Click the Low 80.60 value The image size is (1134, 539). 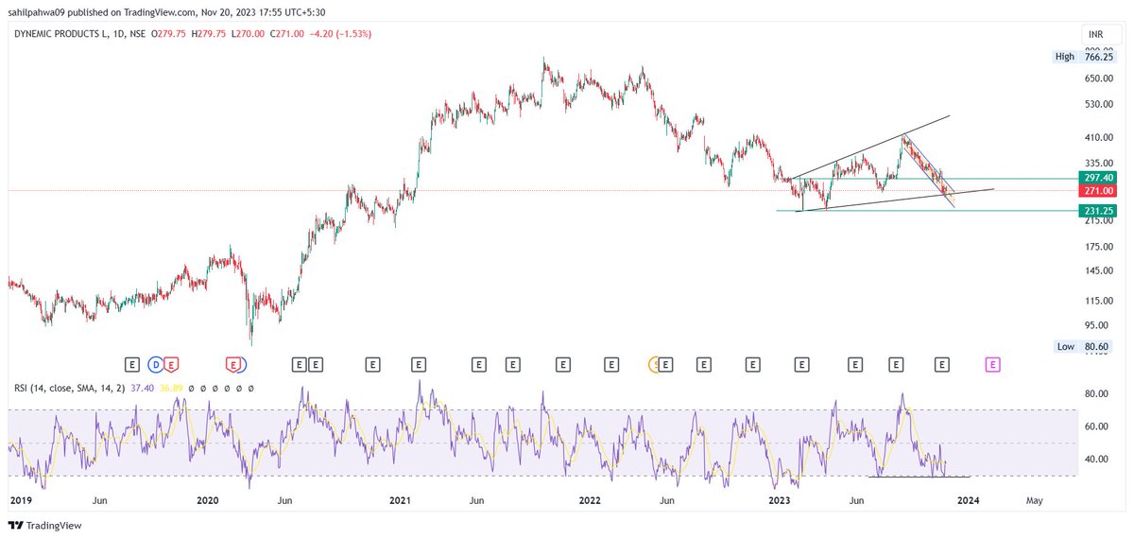1096,347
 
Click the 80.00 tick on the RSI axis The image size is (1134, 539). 1095,393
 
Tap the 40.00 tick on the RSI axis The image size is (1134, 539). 1095,460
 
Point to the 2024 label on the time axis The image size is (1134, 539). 966,499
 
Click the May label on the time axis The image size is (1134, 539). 1035,499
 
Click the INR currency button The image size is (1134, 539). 1096,33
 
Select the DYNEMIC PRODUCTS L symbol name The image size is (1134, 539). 66,34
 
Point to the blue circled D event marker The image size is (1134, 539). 157,363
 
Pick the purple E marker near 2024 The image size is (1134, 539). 992,363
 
